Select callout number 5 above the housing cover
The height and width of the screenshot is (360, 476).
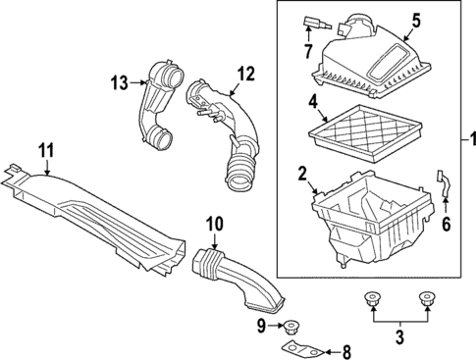tap(388, 20)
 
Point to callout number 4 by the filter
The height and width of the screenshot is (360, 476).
tap(310, 101)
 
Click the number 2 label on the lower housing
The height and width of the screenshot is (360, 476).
tap(303, 175)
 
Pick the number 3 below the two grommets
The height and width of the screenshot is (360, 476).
tap(399, 338)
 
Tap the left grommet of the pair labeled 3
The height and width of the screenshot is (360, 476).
tap(373, 299)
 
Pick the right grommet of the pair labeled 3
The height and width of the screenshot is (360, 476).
tap(426, 299)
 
